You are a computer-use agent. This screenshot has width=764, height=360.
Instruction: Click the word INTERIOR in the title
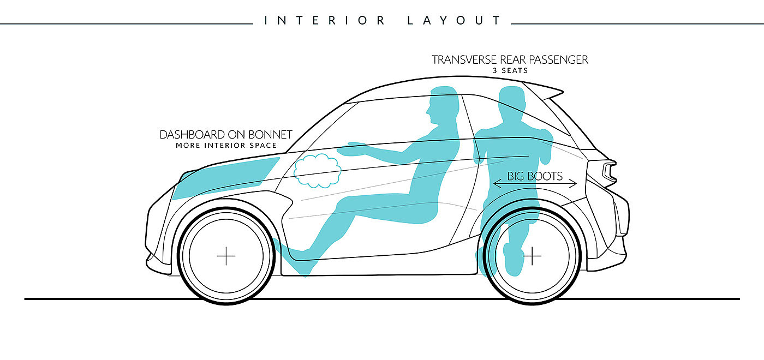coord(325,21)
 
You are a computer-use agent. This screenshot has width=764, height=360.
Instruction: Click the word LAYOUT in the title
coord(454,21)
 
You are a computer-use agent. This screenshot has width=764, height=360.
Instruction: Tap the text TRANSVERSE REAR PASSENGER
coord(510,60)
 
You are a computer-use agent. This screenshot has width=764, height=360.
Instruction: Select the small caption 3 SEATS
coord(510,70)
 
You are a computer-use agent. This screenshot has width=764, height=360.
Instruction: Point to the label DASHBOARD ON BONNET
coord(226,135)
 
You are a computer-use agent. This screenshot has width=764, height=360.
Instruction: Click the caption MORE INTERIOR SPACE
coord(226,146)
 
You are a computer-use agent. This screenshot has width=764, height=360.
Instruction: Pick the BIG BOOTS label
coord(535,176)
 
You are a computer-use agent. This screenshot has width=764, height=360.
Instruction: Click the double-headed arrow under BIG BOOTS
coord(535,184)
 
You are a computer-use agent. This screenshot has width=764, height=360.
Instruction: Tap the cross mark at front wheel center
coord(226,256)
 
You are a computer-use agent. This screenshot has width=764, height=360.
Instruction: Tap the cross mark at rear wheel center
coord(532,256)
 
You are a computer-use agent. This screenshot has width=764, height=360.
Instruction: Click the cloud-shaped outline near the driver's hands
coord(317,170)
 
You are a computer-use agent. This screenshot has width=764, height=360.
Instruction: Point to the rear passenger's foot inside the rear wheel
coord(514,259)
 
